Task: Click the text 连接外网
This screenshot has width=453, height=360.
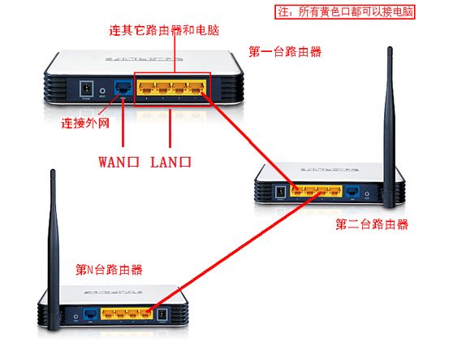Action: (x=84, y=124)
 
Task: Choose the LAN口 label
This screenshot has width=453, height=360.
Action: (x=171, y=161)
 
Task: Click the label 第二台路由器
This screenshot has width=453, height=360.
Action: (x=372, y=223)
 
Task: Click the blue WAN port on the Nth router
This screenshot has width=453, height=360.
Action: (x=90, y=314)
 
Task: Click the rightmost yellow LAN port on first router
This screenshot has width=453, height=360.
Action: (x=197, y=89)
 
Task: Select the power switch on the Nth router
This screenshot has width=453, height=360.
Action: (x=161, y=314)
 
